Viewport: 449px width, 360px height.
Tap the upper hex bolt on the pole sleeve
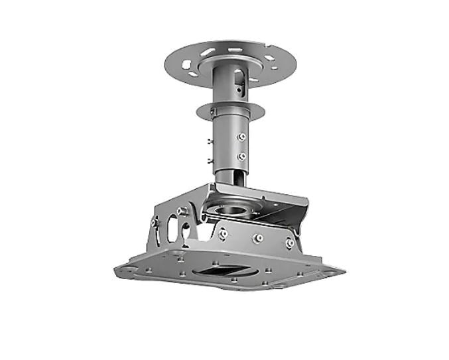click(x=241, y=137)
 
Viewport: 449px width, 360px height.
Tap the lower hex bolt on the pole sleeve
click(x=241, y=156)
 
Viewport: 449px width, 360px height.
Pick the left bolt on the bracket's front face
click(x=224, y=233)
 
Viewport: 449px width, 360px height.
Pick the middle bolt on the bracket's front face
click(x=258, y=238)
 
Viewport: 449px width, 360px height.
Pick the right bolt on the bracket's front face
click(x=290, y=243)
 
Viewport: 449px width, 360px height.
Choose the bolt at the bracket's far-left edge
click(x=155, y=223)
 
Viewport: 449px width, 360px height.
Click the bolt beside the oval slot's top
click(x=180, y=211)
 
